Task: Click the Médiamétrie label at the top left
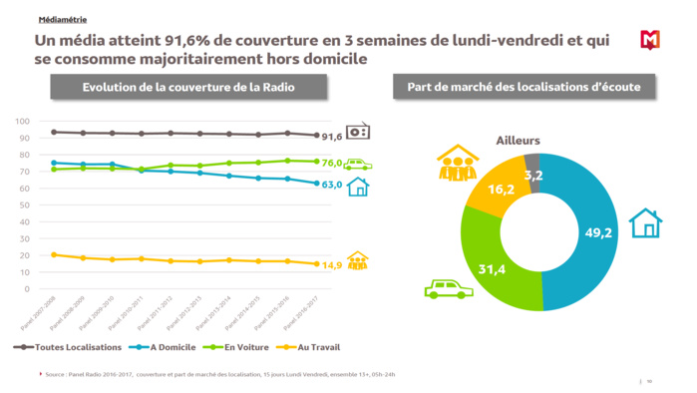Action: [62, 20]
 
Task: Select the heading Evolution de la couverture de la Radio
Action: [188, 88]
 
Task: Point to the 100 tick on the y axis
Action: [22, 121]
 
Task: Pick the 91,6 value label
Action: [332, 136]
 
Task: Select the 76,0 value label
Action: [332, 163]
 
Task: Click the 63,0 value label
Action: [332, 185]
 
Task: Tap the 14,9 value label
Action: [332, 265]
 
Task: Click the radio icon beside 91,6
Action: [358, 132]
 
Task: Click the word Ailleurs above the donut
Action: [519, 141]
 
